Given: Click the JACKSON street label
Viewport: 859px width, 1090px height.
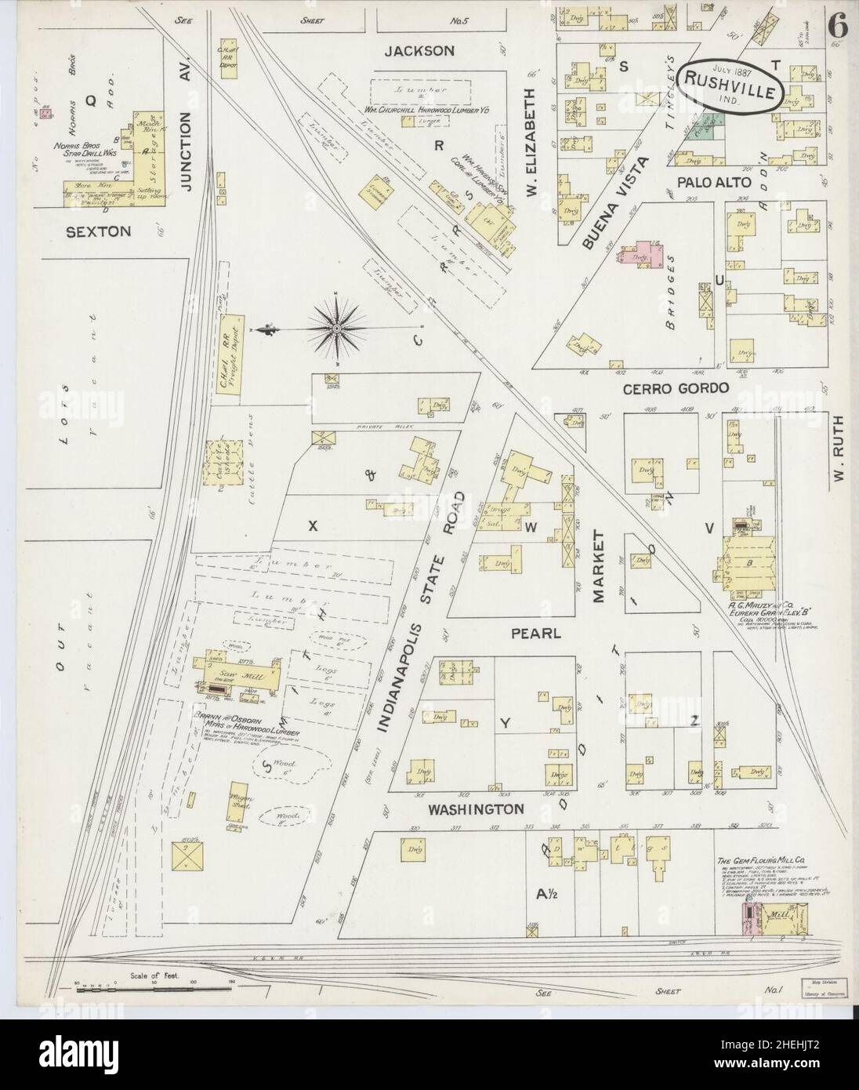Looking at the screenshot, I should tap(420, 51).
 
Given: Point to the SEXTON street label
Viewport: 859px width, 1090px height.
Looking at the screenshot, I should tap(98, 232).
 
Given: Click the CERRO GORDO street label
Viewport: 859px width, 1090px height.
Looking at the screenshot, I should tap(676, 388).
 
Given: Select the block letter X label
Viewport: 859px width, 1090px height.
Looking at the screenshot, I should tap(311, 527).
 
